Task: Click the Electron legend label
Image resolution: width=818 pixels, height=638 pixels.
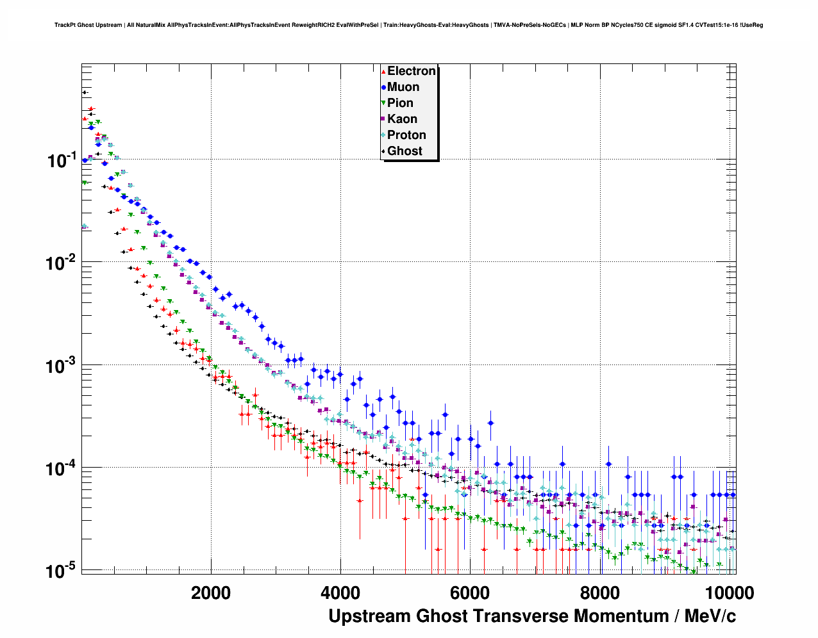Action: [412, 71]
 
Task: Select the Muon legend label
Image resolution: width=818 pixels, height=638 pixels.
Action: [403, 87]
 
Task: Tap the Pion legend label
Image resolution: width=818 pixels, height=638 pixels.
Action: [400, 103]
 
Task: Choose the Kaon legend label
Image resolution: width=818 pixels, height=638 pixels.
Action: [402, 119]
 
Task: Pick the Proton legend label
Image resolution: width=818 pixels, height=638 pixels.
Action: [406, 135]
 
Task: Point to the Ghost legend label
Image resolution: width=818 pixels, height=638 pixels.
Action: [405, 151]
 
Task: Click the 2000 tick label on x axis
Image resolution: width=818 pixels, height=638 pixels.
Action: [211, 593]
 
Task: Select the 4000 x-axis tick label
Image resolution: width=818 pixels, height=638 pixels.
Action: [340, 593]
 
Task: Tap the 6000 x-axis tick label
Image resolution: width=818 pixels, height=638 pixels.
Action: [470, 593]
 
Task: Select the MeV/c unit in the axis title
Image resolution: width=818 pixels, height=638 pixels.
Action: [710, 616]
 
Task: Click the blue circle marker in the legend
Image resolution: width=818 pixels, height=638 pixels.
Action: [383, 87]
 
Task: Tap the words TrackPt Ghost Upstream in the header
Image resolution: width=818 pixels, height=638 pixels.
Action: [88, 25]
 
